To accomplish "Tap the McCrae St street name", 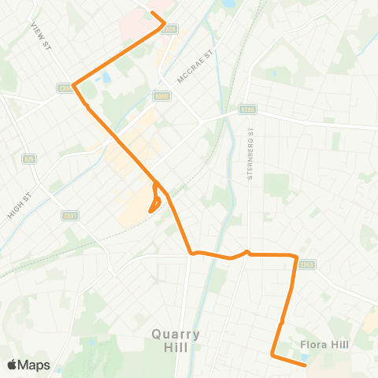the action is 197,62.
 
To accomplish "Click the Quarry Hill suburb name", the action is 176,340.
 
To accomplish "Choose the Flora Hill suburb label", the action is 324,344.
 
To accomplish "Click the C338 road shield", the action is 65,89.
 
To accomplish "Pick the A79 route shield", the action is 29,160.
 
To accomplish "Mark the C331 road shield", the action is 69,215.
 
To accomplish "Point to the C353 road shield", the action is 308,265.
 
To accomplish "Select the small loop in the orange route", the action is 155,199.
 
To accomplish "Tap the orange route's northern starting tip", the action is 153,13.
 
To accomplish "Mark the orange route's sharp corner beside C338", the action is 73,85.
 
